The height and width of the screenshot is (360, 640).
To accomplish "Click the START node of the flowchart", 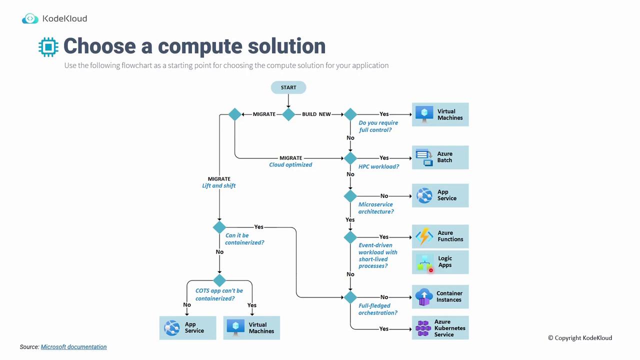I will (x=288, y=87).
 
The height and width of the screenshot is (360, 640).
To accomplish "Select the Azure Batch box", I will (x=440, y=157).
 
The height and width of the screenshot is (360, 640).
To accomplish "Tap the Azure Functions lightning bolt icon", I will (x=424, y=236).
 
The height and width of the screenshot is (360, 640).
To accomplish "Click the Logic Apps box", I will (x=440, y=262).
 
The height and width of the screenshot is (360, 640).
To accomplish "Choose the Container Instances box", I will (x=440, y=297).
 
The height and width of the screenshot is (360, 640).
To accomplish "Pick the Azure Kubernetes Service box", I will (x=440, y=328).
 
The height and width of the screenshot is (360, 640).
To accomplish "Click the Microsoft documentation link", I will (x=73, y=347).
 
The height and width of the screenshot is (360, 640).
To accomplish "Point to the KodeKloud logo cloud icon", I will (x=30, y=19).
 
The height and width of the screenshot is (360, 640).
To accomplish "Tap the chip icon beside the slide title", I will (x=48, y=46).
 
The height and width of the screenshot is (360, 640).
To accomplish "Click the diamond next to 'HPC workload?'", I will (x=350, y=158).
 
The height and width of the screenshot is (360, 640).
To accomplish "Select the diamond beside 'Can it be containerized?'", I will (x=219, y=227).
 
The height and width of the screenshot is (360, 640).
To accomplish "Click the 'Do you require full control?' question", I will (x=378, y=126).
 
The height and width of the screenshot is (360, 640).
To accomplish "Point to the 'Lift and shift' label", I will (x=219, y=185).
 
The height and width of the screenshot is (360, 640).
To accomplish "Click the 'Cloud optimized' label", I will (x=290, y=164).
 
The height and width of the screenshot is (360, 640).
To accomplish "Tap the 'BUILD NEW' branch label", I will (x=316, y=114).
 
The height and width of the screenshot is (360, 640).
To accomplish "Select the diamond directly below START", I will (x=288, y=114).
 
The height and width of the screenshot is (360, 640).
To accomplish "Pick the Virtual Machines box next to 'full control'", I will (x=440, y=114).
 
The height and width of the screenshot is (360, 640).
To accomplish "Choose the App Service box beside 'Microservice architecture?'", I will (x=440, y=195).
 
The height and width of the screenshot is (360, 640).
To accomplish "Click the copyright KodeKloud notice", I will (x=580, y=338).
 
